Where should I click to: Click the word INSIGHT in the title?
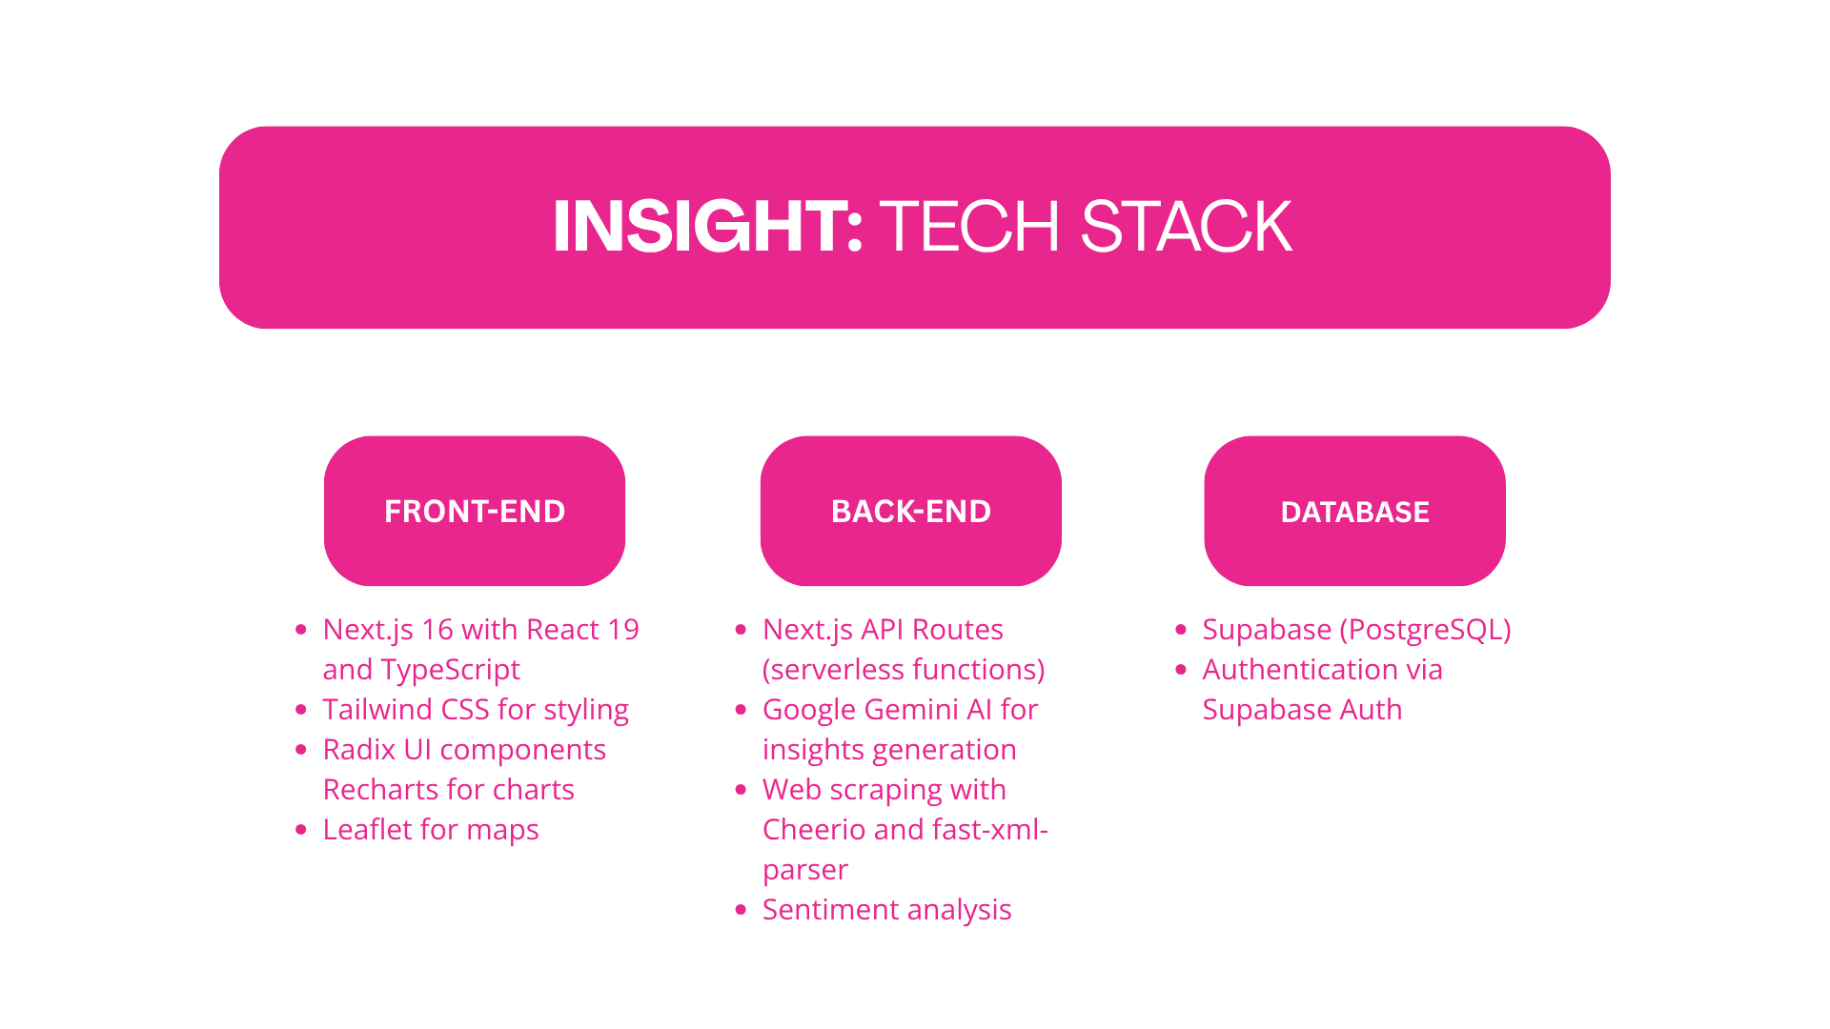click(706, 227)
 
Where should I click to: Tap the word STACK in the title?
click(1186, 227)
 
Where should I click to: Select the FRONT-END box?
click(475, 511)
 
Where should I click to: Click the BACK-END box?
click(911, 511)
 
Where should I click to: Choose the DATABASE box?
click(1354, 511)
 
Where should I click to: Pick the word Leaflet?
click(367, 830)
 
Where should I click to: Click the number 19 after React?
click(622, 630)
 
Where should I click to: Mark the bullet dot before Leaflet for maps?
click(301, 830)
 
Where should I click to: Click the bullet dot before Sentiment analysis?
click(741, 910)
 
